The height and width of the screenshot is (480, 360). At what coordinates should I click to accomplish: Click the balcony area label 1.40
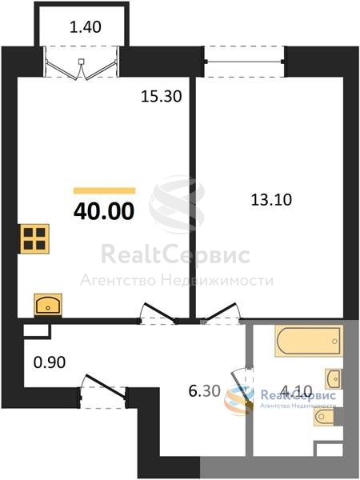click(86, 27)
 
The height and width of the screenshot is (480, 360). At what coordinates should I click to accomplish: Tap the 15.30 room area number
click(162, 97)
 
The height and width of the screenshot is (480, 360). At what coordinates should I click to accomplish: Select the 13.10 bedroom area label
click(271, 200)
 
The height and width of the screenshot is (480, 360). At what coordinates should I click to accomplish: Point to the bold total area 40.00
click(104, 211)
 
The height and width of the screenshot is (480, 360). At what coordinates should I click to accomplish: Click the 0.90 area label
click(50, 362)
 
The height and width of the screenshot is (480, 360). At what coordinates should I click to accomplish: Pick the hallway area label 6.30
click(205, 391)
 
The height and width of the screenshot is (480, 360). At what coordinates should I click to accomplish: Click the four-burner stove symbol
click(34, 239)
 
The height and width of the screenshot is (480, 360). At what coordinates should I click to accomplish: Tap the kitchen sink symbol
click(48, 305)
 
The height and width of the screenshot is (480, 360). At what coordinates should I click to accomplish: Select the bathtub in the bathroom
click(309, 341)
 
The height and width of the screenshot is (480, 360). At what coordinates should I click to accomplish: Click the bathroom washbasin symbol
click(334, 378)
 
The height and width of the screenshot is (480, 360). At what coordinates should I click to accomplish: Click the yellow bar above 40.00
click(104, 190)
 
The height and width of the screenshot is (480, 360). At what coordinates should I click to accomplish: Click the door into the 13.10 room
click(222, 314)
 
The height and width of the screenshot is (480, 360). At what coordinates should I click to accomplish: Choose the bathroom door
click(243, 386)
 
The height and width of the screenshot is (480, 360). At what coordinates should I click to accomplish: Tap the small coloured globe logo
click(239, 400)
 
